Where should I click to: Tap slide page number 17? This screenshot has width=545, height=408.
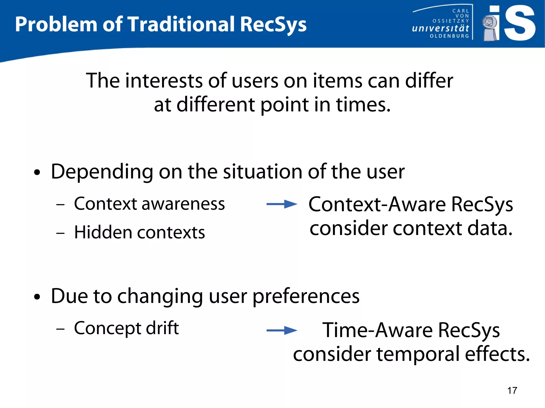tap(512, 390)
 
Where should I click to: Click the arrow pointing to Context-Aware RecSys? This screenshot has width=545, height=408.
tap(282, 204)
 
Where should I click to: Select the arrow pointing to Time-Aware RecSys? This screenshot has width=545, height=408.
tap(282, 330)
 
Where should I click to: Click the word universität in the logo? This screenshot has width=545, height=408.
tap(440, 28)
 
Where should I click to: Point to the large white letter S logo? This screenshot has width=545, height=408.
tap(519, 23)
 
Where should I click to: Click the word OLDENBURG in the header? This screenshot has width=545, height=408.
tap(449, 36)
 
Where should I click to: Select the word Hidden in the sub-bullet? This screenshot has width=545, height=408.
tap(103, 232)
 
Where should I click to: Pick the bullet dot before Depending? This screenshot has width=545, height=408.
tap(37, 173)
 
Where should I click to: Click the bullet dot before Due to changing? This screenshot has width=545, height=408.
tap(37, 297)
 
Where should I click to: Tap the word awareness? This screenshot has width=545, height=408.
tap(183, 204)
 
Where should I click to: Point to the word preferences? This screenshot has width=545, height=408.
tap(306, 297)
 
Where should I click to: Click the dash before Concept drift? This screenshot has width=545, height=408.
tap(60, 329)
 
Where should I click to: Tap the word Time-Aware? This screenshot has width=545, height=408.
tap(378, 330)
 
